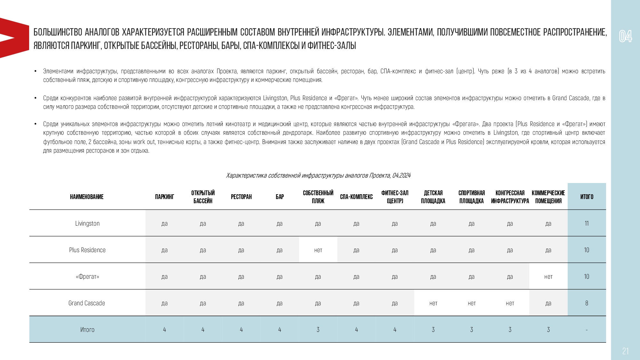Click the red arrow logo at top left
tap(13, 38)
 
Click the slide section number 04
tap(625, 36)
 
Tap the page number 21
tap(625, 351)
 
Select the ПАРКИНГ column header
tap(164, 197)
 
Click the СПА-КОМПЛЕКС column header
tap(356, 197)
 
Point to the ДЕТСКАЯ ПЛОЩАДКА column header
tap(433, 197)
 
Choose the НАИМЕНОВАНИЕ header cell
tap(87, 197)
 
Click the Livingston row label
tap(87, 223)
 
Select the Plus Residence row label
tap(87, 250)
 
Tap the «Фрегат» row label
tap(87, 276)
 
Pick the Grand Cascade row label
tap(87, 303)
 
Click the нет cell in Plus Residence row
tap(318, 250)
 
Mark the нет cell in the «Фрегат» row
tap(548, 277)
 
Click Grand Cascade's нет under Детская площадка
tap(433, 303)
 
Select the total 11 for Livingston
tap(587, 223)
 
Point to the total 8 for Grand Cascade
tap(587, 303)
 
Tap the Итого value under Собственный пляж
tap(318, 330)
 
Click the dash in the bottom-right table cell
tap(587, 330)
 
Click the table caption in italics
tap(318, 175)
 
